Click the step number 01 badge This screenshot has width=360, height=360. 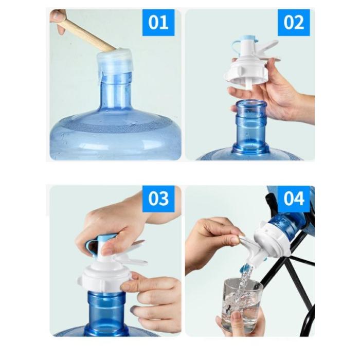click(x=158, y=23)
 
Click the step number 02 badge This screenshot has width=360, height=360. click(x=294, y=23)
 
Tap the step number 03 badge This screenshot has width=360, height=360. click(x=158, y=199)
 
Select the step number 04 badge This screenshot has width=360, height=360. click(x=294, y=199)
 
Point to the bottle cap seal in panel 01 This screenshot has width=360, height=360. click(x=114, y=61)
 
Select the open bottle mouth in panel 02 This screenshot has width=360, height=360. click(x=251, y=104)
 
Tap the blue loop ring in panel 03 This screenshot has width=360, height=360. click(x=92, y=247)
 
